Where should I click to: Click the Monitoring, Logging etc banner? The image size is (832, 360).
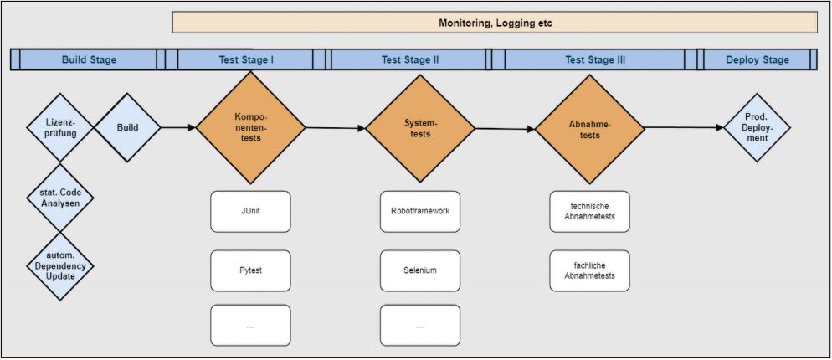pos(495,23)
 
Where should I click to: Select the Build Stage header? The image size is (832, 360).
pos(89,59)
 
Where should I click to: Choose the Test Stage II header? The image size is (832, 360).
pos(410,59)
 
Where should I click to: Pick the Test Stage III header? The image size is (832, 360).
pos(594,59)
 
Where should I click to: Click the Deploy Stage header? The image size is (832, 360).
pos(758,59)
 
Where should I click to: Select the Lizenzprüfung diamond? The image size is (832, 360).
pos(59,128)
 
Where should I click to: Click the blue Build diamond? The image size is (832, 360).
pos(127,128)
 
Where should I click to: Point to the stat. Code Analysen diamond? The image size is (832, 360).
pos(59,198)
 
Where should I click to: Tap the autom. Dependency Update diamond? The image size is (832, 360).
pos(59,266)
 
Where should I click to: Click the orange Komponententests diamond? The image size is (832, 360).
pos(250,127)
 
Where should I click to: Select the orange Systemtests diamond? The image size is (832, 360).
pos(420,128)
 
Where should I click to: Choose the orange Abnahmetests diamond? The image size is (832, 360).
pos(589,129)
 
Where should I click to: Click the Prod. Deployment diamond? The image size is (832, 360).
pos(757,128)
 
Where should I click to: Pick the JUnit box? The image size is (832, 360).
pos(250,211)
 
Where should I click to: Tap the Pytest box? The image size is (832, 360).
pos(250,270)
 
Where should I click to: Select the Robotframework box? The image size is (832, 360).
pos(420,211)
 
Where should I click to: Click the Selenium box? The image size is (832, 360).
pos(420,270)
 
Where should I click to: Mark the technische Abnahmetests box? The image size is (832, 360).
pos(589,211)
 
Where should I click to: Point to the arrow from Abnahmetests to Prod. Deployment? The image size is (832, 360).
pos(682,128)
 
